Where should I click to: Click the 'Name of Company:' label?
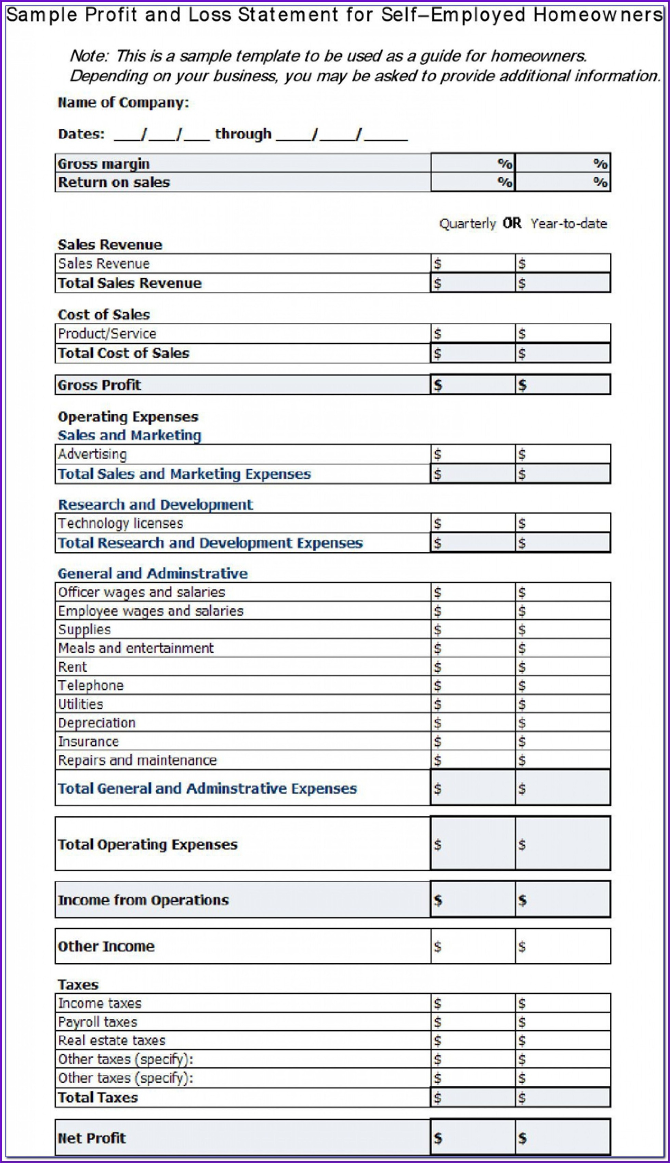coord(123,103)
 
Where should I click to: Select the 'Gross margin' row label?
coord(104,164)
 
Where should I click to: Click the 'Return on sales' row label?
coord(114,182)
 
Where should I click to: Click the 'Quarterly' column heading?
coord(468,224)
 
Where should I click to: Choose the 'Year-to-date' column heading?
coord(569,224)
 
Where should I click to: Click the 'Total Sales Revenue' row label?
coord(130,283)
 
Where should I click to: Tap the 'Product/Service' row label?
coord(107,333)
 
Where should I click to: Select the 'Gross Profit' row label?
coord(100,385)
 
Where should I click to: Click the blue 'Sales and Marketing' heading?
coord(129,435)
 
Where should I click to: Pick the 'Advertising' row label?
coord(92,454)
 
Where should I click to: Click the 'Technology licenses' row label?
coord(121,524)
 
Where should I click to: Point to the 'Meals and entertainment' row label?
coord(136,648)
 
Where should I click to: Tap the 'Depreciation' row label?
coord(97,723)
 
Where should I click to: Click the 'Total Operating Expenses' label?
coord(148,845)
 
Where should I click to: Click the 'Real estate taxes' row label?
coord(112,1041)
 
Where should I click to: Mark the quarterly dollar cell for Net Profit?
coord(473,1138)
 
